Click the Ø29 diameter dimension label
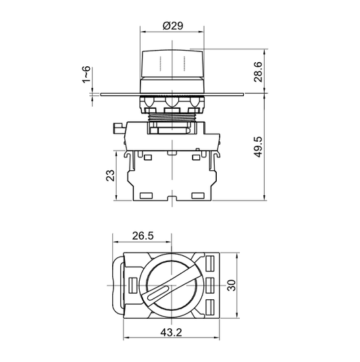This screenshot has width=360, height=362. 172,26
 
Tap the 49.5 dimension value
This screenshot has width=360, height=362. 257,145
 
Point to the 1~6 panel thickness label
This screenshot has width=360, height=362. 86,77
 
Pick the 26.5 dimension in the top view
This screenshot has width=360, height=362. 142,236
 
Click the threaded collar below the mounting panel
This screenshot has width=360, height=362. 172,123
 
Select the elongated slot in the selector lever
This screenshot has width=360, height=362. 158,293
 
